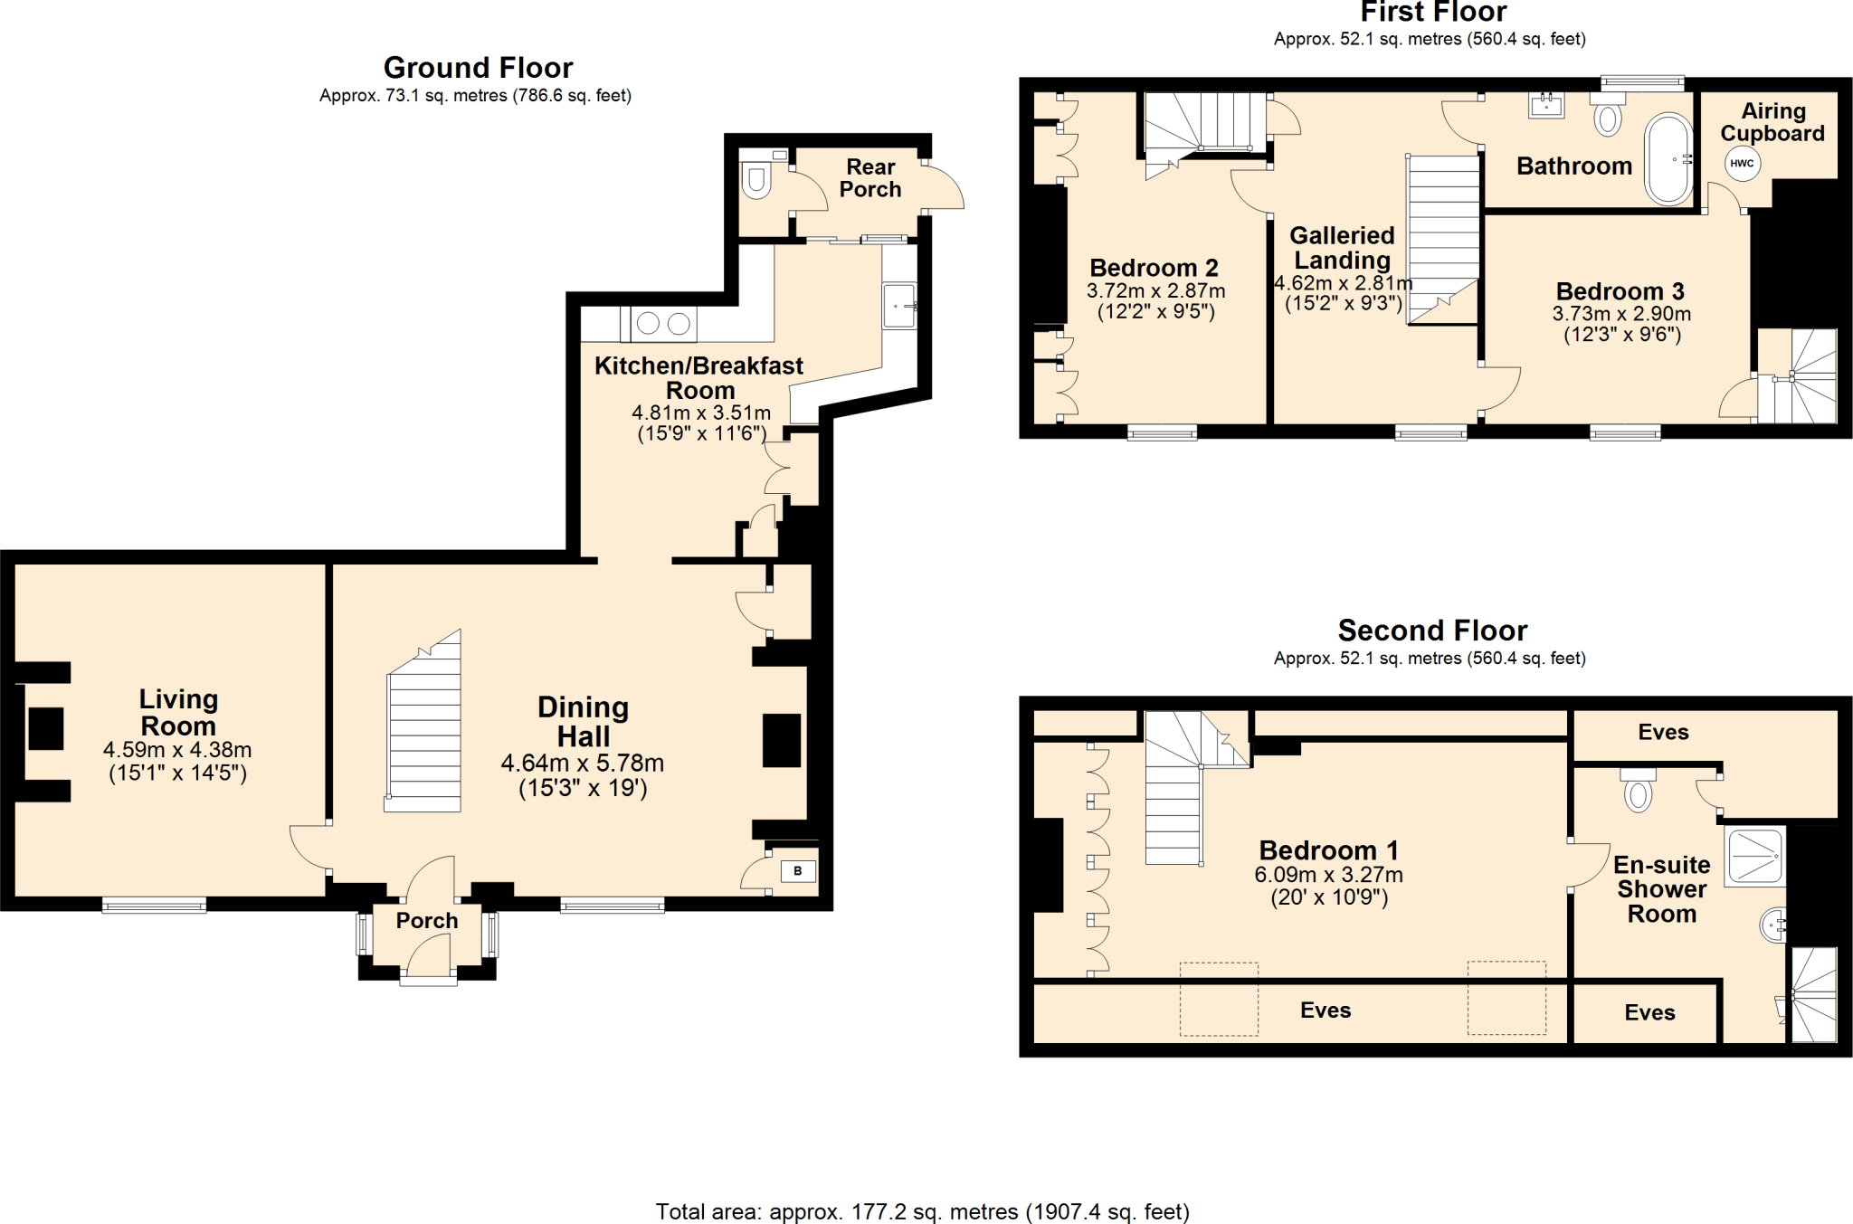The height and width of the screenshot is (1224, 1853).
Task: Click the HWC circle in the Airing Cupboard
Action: pyautogui.click(x=1742, y=164)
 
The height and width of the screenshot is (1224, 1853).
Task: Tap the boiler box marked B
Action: pyautogui.click(x=797, y=871)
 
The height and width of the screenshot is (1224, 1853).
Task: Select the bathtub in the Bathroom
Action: pyautogui.click(x=1668, y=159)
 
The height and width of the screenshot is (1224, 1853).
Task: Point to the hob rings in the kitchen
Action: pyautogui.click(x=663, y=323)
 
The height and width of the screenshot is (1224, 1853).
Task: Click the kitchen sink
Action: pyautogui.click(x=899, y=306)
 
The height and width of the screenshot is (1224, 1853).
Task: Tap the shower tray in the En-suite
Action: pyautogui.click(x=1754, y=855)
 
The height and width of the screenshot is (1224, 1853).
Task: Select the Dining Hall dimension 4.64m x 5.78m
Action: pyautogui.click(x=583, y=764)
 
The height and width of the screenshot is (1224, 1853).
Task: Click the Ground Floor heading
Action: pyautogui.click(x=478, y=68)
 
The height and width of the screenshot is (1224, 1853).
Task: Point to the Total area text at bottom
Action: pyautogui.click(x=922, y=1211)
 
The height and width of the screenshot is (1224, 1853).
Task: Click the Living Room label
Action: pyautogui.click(x=178, y=712)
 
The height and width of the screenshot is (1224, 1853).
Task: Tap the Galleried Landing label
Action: pyautogui.click(x=1342, y=248)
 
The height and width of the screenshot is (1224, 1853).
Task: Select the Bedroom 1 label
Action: pyautogui.click(x=1328, y=850)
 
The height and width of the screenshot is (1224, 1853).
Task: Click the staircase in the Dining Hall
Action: pyautogui.click(x=423, y=733)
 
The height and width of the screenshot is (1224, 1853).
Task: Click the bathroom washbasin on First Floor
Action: pyautogui.click(x=1546, y=105)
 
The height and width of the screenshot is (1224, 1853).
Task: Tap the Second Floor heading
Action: pyautogui.click(x=1431, y=630)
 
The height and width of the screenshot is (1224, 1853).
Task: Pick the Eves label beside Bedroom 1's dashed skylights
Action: pyautogui.click(x=1326, y=1011)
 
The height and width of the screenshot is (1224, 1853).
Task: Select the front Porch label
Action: pyautogui.click(x=427, y=921)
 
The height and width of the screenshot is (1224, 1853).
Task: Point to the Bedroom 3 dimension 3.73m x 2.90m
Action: pyautogui.click(x=1621, y=314)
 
